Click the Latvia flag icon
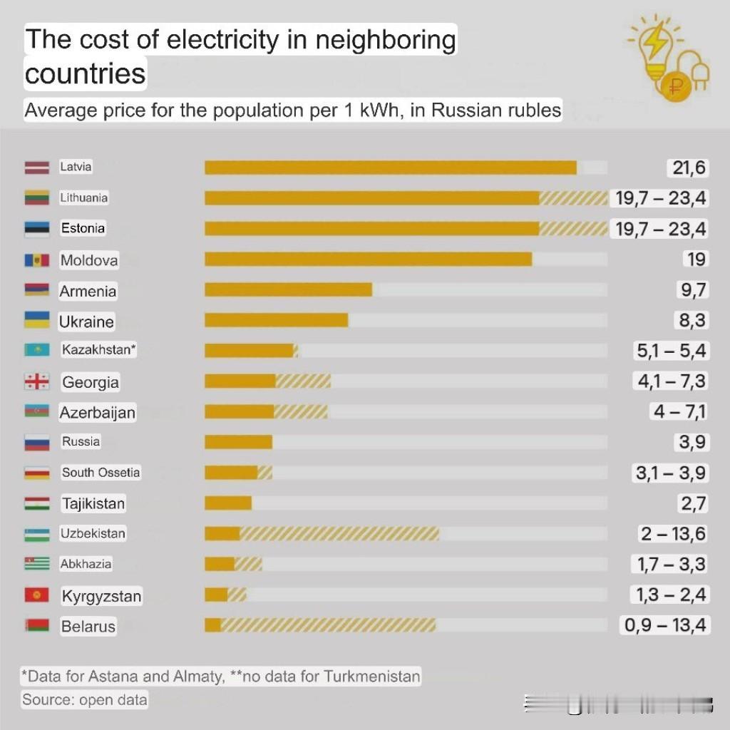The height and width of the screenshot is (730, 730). click(36, 168)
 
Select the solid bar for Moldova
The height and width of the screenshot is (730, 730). click(368, 259)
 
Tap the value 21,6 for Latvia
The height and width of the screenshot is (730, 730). click(688, 168)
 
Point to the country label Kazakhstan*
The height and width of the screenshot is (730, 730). click(98, 350)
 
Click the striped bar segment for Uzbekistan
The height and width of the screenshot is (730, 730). click(339, 534)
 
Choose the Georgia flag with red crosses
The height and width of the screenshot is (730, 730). click(36, 382)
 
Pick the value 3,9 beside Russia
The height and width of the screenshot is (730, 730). click(692, 442)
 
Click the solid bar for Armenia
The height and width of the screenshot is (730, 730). click(288, 289)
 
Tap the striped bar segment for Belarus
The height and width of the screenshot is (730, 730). click(328, 625)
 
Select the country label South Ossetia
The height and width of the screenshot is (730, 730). click(101, 473)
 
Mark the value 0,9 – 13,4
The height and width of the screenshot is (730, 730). click(665, 625)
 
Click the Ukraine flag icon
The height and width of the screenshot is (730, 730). click(36, 320)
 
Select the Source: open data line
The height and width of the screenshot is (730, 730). click(84, 699)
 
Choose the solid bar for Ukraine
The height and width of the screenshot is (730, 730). click(276, 320)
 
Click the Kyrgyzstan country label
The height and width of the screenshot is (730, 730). click(101, 596)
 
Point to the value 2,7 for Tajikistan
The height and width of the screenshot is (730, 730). click(692, 503)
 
